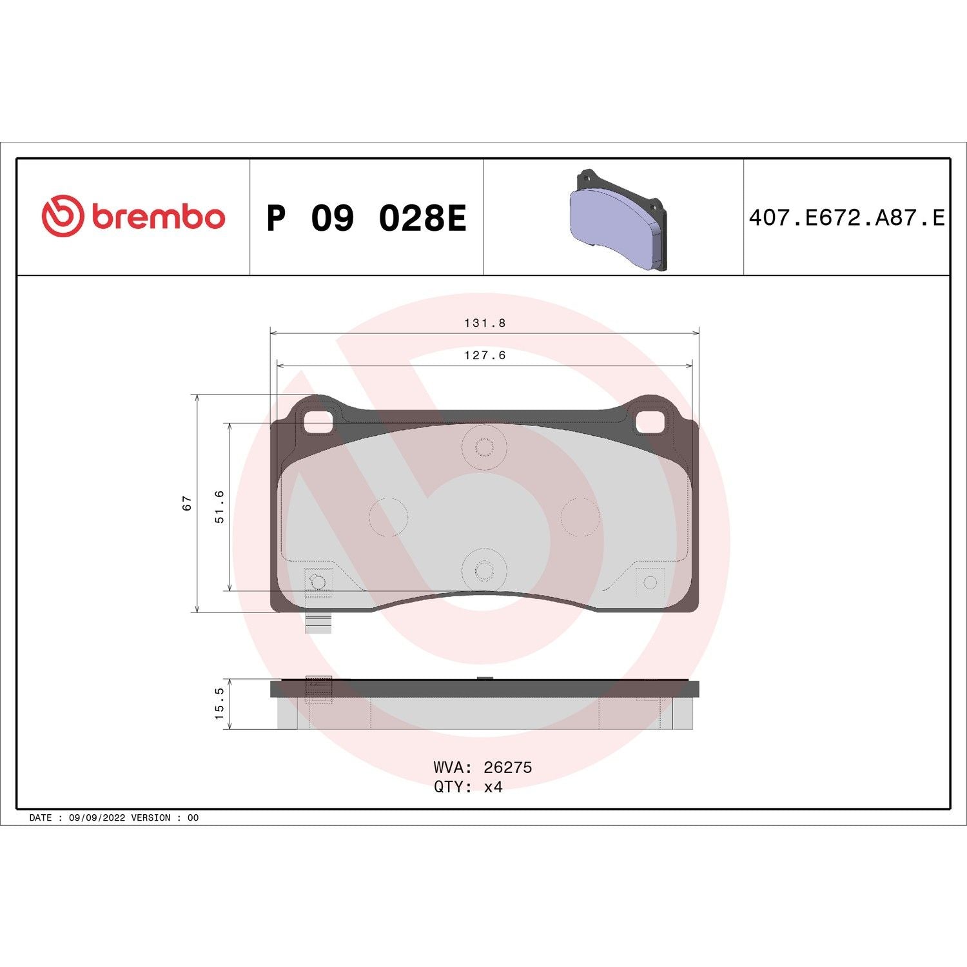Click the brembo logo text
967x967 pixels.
coord(159,217)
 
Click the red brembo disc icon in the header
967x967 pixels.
coord(63,216)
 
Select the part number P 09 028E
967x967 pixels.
coord(366,218)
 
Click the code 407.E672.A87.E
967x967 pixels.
coord(846,218)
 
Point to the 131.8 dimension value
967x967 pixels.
coord(485,323)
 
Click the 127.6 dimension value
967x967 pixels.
coord(485,355)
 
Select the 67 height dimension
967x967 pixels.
coord(187,503)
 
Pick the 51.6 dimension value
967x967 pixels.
coord(219,506)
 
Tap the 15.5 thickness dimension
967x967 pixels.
coord(219,703)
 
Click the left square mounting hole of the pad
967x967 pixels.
coord(317,422)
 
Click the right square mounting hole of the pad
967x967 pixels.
coord(650,422)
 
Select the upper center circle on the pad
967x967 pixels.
coord(484,446)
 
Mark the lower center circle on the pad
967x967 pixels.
coord(484,569)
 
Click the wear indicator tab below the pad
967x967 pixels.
coord(318,623)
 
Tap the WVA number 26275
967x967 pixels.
coord(507,767)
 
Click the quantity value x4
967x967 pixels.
coord(493,787)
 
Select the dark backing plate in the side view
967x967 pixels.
coord(484,689)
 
